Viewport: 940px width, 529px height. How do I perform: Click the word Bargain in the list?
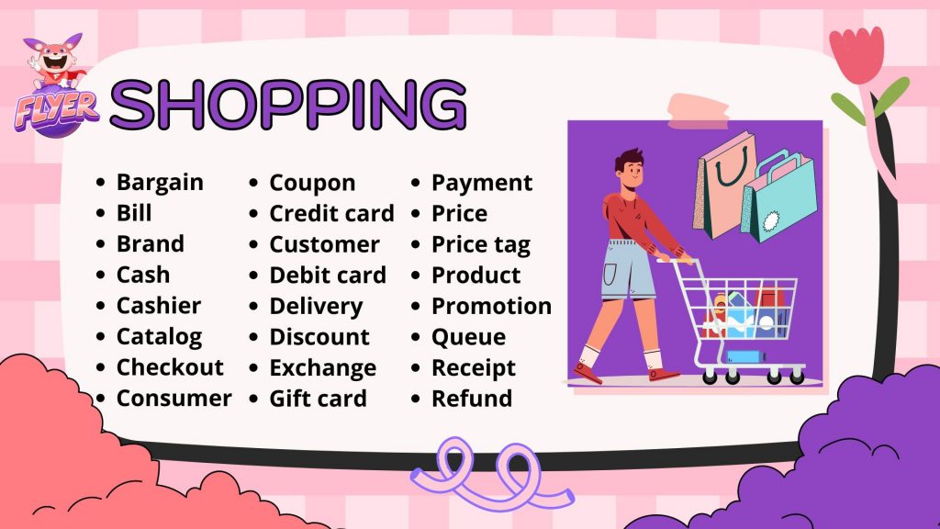(x=160, y=183)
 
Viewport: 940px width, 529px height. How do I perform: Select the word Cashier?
(x=159, y=306)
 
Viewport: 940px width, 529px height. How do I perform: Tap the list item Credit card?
(x=331, y=213)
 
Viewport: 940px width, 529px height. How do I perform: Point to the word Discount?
(x=319, y=337)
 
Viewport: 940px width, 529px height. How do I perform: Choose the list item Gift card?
(x=319, y=399)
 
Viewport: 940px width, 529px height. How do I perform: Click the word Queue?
(x=469, y=338)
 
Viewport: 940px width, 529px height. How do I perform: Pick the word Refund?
(x=472, y=399)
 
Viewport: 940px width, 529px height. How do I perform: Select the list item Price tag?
(x=481, y=245)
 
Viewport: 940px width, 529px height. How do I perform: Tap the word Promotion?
(x=492, y=307)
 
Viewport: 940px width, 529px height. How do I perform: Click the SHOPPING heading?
(x=288, y=105)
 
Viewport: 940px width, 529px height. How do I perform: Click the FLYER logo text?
(x=56, y=110)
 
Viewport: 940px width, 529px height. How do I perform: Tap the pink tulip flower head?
(x=856, y=54)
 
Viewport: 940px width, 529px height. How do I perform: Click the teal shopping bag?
(x=779, y=197)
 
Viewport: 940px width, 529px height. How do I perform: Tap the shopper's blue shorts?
(x=629, y=269)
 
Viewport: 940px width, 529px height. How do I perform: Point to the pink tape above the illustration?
(x=699, y=112)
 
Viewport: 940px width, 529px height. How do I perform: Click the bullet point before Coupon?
(x=253, y=183)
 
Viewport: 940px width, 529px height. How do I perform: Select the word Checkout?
(x=170, y=367)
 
